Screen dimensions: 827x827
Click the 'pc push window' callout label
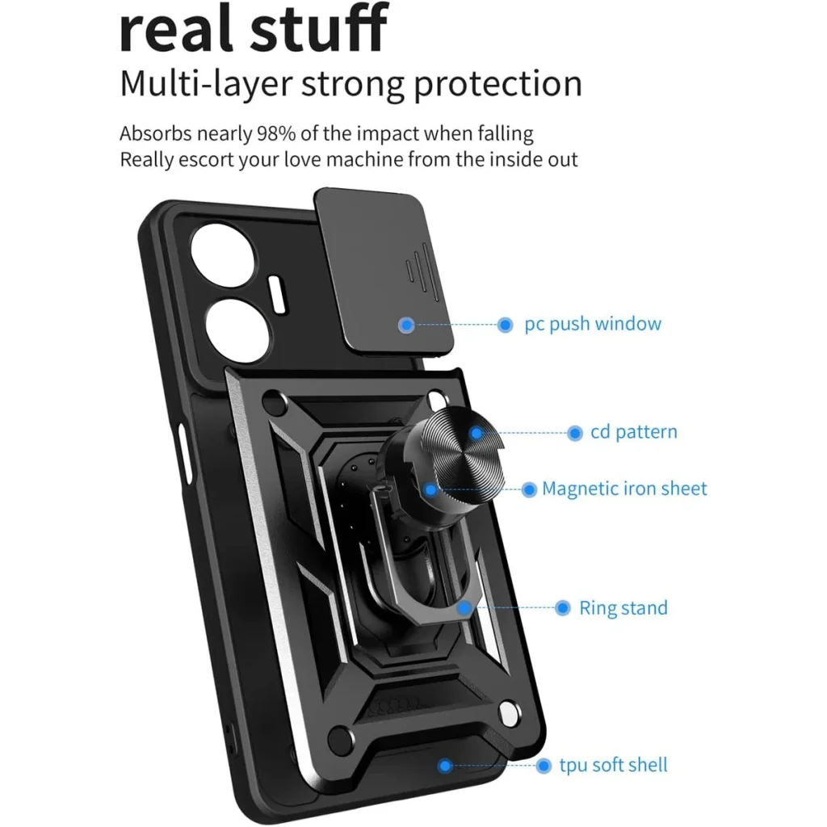pyautogui.click(x=592, y=324)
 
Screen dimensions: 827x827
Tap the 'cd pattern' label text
pyautogui.click(x=633, y=432)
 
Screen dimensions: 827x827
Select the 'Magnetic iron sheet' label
pyautogui.click(x=624, y=489)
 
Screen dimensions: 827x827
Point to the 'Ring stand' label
pyautogui.click(x=623, y=607)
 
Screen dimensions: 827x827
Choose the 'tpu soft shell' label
pyautogui.click(x=614, y=765)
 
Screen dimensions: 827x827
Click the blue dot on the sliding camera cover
pyautogui.click(x=406, y=325)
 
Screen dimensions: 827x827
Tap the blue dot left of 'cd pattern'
pyautogui.click(x=575, y=434)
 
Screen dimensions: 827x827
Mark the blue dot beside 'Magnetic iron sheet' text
pyautogui.click(x=529, y=490)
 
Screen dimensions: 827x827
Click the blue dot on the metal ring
pyautogui.click(x=464, y=608)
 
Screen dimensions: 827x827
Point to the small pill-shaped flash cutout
pyautogui.click(x=278, y=295)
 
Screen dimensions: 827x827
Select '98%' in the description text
pyautogui.click(x=276, y=133)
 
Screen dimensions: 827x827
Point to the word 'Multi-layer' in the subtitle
pyautogui.click(x=206, y=83)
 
